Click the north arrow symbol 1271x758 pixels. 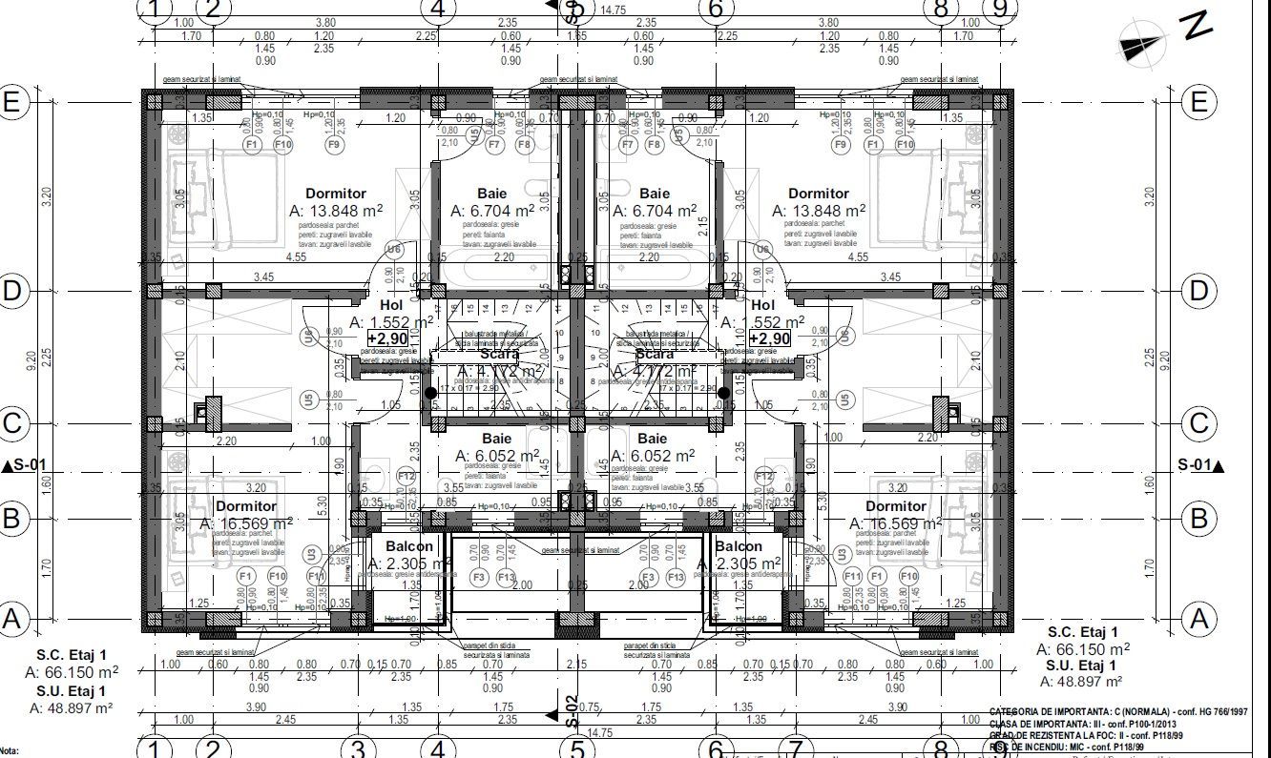click(x=1141, y=45)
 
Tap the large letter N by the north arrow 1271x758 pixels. click(x=1196, y=25)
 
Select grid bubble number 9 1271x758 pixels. click(x=1001, y=9)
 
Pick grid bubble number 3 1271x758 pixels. click(x=357, y=748)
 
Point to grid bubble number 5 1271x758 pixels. click(x=577, y=748)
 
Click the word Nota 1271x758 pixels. click(x=10, y=752)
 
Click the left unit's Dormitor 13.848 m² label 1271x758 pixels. click(x=336, y=194)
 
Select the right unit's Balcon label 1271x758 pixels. click(x=739, y=546)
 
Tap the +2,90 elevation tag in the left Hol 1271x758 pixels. click(x=387, y=338)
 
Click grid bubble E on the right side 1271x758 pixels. click(x=1199, y=102)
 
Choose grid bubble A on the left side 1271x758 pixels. click(x=11, y=619)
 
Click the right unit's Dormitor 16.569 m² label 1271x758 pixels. click(x=895, y=506)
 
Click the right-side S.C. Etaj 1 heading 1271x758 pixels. click(x=1081, y=632)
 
